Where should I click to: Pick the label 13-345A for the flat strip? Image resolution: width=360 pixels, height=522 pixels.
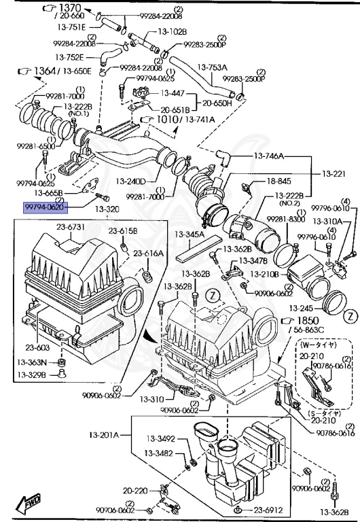tap(190, 234)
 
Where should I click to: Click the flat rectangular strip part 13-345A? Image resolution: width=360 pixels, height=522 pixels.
tap(198, 251)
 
